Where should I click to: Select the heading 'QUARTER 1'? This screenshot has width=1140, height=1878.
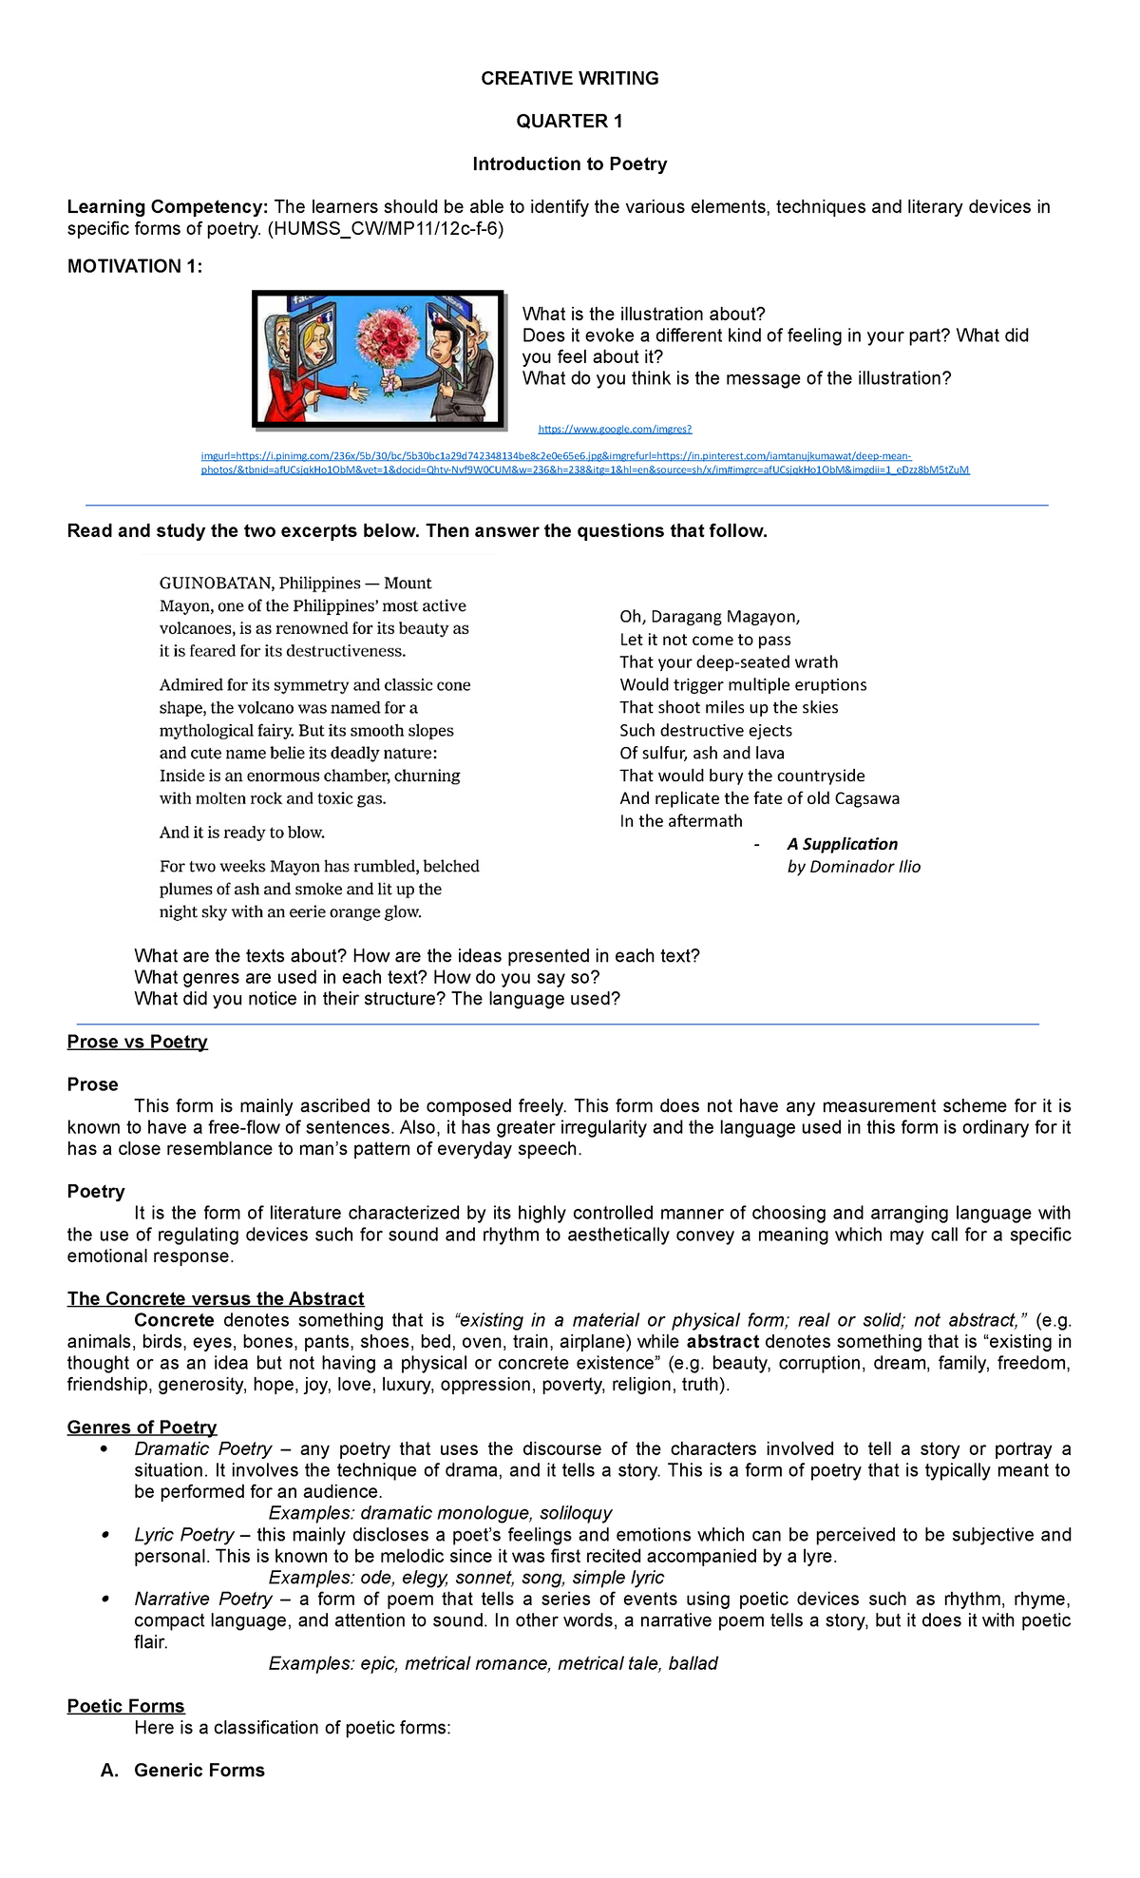coord(569,121)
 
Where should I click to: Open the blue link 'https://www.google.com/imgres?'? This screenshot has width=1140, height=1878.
coord(615,430)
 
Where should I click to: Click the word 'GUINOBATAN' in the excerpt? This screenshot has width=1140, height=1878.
coord(213,584)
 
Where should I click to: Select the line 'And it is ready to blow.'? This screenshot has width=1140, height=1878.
coord(242,833)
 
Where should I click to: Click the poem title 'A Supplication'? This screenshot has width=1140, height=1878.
coord(842,844)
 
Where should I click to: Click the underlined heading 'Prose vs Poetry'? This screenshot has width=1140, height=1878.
coord(138,1042)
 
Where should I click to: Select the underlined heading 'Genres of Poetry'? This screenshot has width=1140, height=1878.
coord(142,1428)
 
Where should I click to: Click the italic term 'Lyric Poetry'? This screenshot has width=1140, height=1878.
coord(184,1535)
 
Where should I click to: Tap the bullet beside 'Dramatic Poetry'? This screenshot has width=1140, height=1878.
coord(104,1449)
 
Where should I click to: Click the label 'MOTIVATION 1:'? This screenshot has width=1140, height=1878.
coord(135,267)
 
